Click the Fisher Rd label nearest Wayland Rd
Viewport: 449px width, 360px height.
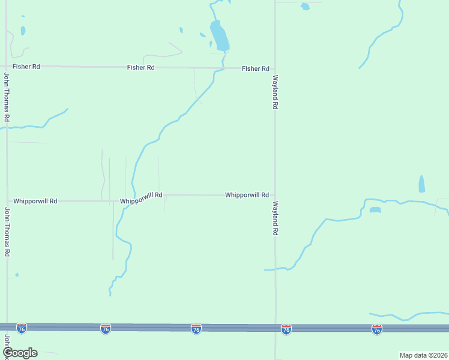(x=255, y=68)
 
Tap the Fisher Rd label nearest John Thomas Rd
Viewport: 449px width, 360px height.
(x=27, y=66)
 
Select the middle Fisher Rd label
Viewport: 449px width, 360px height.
(x=140, y=67)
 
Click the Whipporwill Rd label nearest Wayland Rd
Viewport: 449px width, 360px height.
(x=246, y=195)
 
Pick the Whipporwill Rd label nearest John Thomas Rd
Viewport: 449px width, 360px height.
(x=35, y=201)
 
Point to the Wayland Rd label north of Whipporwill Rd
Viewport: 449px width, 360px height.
(x=275, y=92)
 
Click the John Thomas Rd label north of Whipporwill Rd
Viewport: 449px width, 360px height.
(x=7, y=97)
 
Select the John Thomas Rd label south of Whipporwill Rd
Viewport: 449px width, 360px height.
(x=7, y=232)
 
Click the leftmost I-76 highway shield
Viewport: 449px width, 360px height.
(x=22, y=328)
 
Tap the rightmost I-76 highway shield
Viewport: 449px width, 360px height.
(x=376, y=329)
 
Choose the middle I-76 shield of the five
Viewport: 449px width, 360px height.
(x=196, y=329)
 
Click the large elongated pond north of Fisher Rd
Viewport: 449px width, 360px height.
(x=218, y=36)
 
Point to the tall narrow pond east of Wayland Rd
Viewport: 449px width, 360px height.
(x=421, y=184)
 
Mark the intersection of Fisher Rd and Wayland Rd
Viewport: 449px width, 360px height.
(x=276, y=68)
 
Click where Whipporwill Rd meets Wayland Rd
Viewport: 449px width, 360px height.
(x=276, y=195)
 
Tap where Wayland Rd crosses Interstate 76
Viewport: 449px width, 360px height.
(x=276, y=328)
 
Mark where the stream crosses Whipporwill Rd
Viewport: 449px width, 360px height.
(x=131, y=199)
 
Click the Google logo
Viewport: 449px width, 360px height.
(x=20, y=353)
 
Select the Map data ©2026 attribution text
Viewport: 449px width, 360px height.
(x=423, y=355)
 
